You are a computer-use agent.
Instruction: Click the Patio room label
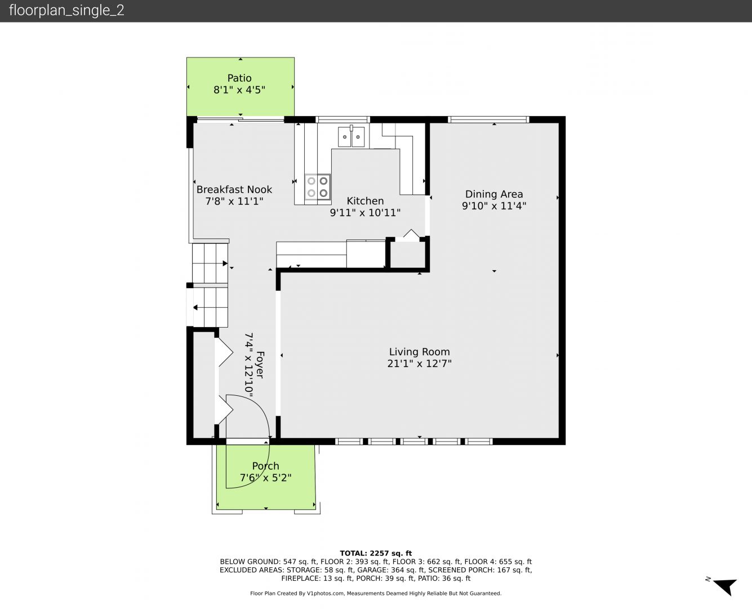pyautogui.click(x=239, y=78)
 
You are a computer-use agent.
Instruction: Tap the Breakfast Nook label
pyautogui.click(x=234, y=189)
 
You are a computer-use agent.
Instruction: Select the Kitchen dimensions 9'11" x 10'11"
pyautogui.click(x=365, y=213)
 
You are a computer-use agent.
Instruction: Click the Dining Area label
pyautogui.click(x=494, y=194)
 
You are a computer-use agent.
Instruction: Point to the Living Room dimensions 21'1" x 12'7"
pyautogui.click(x=420, y=363)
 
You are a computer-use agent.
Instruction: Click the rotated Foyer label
pyautogui.click(x=260, y=364)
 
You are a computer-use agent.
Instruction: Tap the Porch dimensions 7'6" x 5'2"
pyautogui.click(x=265, y=478)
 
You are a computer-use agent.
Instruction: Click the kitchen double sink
pyautogui.click(x=351, y=136)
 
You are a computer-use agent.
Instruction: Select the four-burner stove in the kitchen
pyautogui.click(x=318, y=187)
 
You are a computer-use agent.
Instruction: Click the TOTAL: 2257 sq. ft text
pyautogui.click(x=376, y=553)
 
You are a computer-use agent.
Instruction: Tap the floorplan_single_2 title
pyautogui.click(x=66, y=10)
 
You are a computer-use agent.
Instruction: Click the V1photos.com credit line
pyautogui.click(x=376, y=593)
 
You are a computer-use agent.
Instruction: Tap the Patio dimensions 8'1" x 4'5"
pyautogui.click(x=239, y=90)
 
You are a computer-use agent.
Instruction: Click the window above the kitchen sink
pyautogui.click(x=342, y=120)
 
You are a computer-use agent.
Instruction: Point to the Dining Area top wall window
pyautogui.click(x=488, y=120)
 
